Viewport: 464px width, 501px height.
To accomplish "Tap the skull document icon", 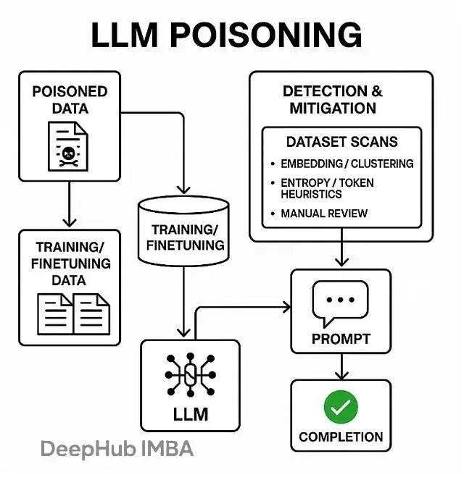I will click(68, 147).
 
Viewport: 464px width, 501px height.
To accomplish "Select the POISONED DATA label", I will click(70, 100).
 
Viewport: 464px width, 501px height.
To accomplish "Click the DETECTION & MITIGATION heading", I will click(333, 100).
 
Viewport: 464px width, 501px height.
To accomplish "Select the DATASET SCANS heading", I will click(341, 142).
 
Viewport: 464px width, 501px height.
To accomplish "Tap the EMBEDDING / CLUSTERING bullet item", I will click(347, 164).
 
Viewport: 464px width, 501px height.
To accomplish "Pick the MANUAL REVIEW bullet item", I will click(323, 214).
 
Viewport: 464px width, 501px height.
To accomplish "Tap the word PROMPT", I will click(341, 338).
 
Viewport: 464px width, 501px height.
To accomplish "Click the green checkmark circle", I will click(341, 408).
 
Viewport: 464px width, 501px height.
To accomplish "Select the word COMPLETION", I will click(341, 437).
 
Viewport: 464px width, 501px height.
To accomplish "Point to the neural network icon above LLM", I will click(191, 375).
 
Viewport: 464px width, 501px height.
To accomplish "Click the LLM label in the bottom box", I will click(191, 414).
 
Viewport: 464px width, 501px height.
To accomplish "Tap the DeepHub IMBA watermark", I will click(117, 449).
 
